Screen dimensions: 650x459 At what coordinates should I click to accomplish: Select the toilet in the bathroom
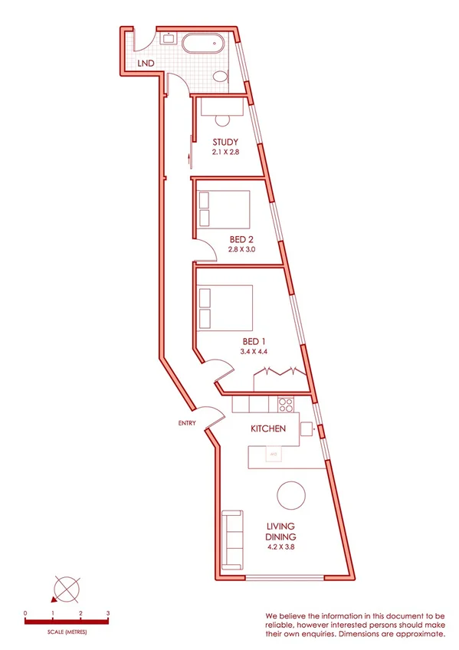220,77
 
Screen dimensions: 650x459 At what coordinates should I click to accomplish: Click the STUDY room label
226,142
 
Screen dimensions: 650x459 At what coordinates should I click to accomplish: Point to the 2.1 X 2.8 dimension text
226,153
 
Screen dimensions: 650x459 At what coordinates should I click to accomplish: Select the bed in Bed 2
223,208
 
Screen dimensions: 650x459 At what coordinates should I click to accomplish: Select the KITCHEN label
269,428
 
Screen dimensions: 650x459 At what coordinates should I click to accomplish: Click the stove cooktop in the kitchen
287,402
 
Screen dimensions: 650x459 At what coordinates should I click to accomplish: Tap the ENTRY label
186,422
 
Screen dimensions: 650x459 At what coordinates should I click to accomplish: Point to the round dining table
292,494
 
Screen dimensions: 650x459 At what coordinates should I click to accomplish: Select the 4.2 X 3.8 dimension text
282,548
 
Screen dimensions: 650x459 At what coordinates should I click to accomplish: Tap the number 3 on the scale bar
108,614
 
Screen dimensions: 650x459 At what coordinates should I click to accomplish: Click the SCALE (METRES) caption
67,632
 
